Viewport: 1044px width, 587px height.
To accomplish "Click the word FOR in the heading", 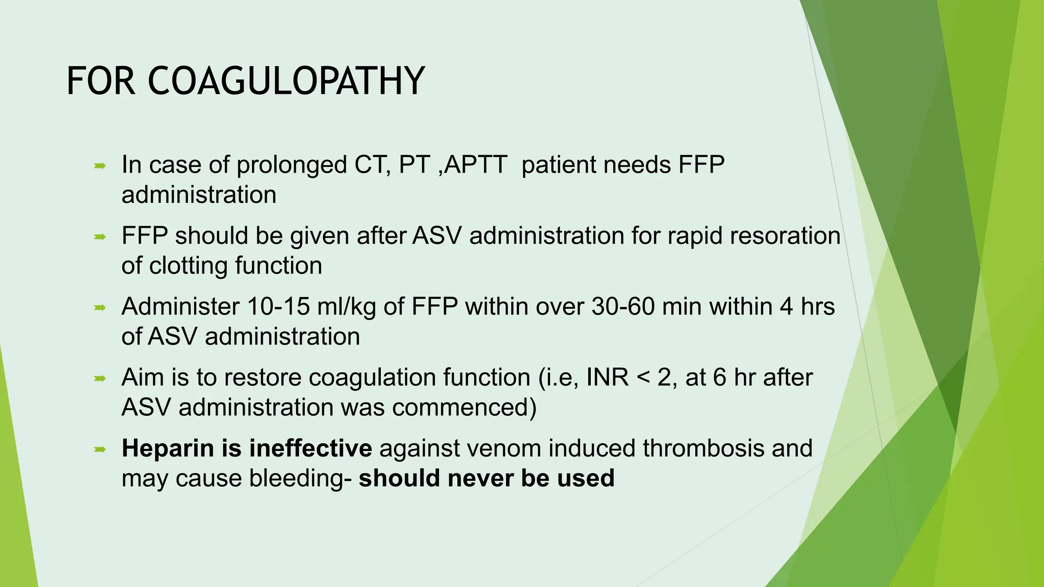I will tap(101, 82).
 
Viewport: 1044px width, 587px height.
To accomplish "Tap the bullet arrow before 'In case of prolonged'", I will tap(100, 166).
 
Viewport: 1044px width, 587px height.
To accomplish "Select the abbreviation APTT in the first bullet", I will tap(475, 165).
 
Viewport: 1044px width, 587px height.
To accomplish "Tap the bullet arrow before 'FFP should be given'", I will tap(100, 236).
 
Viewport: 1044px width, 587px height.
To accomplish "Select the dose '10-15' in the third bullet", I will tap(278, 307).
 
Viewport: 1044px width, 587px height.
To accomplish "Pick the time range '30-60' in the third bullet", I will tap(623, 307).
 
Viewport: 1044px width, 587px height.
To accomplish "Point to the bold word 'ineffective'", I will tap(310, 448).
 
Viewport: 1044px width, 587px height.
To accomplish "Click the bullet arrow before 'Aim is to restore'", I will tap(100, 378).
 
